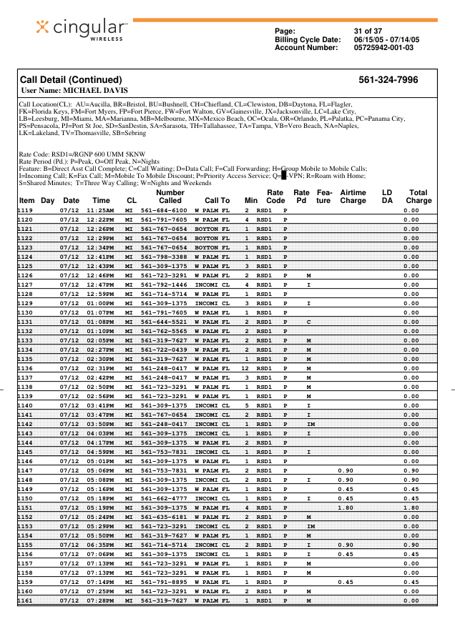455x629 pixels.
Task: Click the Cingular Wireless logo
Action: pyautogui.click(x=82, y=28)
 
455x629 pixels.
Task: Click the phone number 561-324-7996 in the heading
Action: pyautogui.click(x=388, y=79)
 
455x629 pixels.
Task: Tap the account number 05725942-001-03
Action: pyautogui.click(x=383, y=47)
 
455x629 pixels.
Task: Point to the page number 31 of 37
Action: pyautogui.click(x=368, y=31)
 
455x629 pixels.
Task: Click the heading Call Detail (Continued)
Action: pyautogui.click(x=71, y=79)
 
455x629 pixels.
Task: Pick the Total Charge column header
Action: pyautogui.click(x=418, y=197)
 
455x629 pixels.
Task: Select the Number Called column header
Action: pyautogui.click(x=170, y=197)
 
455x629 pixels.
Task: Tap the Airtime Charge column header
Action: pyautogui.click(x=353, y=197)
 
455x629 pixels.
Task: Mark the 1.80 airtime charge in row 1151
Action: pyautogui.click(x=345, y=507)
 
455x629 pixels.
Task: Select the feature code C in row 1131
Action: pyautogui.click(x=308, y=322)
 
